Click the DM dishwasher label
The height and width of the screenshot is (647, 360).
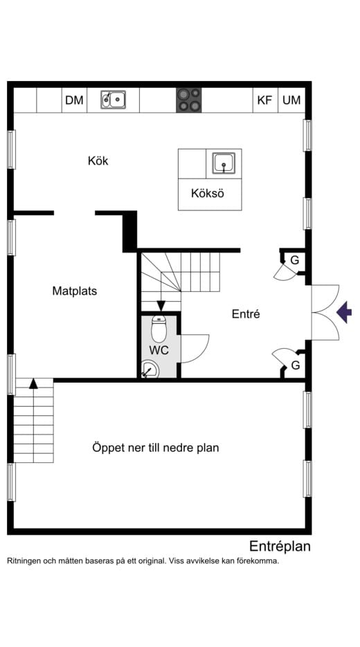tap(74, 100)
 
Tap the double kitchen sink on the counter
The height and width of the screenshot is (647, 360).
tap(113, 100)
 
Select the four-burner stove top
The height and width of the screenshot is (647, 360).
tap(188, 100)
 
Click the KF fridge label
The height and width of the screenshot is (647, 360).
tap(264, 100)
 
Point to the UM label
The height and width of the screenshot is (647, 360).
tap(291, 100)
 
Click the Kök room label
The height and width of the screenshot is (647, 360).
tap(98, 161)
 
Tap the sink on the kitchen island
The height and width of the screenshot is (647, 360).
tap(223, 163)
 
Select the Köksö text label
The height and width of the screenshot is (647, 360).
tap(208, 194)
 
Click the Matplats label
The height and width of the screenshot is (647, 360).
tap(74, 291)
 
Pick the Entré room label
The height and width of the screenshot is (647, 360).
tap(246, 313)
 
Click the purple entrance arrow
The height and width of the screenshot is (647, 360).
tap(343, 313)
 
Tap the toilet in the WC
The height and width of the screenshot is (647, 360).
tap(159, 329)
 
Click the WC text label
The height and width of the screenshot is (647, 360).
tap(159, 351)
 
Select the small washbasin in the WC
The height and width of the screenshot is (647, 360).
tap(148, 371)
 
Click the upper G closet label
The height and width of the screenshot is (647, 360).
tap(295, 260)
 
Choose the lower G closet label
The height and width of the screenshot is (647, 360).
tap(295, 365)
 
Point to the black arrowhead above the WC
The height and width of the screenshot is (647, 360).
tap(161, 306)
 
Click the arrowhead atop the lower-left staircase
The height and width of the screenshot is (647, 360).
tap(33, 383)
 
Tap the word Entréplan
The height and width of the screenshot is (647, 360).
tap(280, 546)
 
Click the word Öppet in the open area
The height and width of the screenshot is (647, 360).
tap(109, 448)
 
